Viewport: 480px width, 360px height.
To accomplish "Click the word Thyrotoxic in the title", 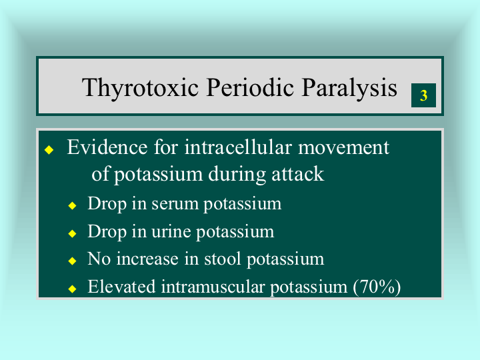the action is (x=140, y=88).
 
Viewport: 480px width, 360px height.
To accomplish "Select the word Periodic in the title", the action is (x=250, y=87).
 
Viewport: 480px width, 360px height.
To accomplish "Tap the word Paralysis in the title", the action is (x=349, y=88).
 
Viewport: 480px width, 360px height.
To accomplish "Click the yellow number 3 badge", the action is (x=423, y=95).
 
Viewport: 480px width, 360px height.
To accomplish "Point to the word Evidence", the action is (x=107, y=147).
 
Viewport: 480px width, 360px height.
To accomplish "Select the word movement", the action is (x=343, y=148).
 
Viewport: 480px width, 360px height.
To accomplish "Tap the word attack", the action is (x=297, y=174).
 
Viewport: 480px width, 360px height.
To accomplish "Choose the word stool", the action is (x=222, y=259).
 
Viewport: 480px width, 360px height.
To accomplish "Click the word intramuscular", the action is (x=213, y=287).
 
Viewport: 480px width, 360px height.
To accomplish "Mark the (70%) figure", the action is (x=377, y=287).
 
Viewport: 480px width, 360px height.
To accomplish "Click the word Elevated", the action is (x=121, y=287).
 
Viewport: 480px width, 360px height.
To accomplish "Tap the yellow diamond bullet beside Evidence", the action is (x=49, y=150).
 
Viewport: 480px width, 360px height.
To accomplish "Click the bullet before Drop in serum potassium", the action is (x=72, y=205).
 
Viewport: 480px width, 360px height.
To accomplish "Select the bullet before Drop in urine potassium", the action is (x=72, y=233).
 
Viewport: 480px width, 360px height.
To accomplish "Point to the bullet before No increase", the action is (x=72, y=261).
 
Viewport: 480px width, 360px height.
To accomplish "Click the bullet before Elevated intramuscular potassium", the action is (x=72, y=289).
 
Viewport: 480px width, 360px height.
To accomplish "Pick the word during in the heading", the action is (x=237, y=175).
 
